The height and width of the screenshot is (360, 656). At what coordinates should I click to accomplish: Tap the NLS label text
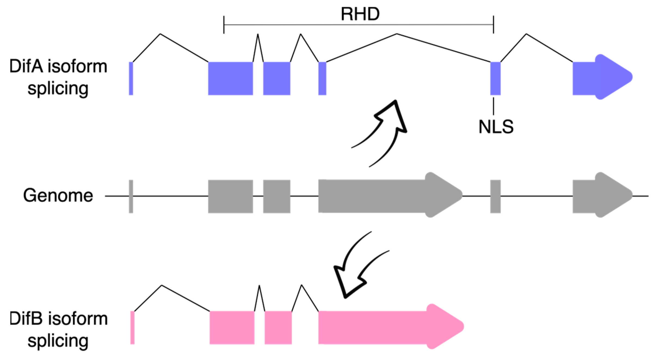[x=496, y=127]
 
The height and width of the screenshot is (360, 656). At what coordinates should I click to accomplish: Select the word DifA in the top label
[x=26, y=66]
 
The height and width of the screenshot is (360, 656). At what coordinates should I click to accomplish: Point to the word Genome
[x=58, y=195]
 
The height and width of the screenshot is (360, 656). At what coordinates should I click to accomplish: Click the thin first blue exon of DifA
[x=131, y=78]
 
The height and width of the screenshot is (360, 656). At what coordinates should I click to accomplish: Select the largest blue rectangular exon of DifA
[x=230, y=78]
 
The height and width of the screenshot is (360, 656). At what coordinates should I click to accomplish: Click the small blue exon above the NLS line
[x=495, y=78]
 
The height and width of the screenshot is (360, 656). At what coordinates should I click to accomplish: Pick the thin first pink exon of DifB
[x=132, y=328]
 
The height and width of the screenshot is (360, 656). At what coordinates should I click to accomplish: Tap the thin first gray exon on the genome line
[x=131, y=196]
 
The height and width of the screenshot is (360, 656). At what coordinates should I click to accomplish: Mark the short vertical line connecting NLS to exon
[x=493, y=106]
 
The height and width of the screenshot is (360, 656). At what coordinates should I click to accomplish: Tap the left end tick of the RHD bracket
[x=224, y=25]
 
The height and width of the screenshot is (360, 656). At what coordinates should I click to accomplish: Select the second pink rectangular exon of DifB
[x=278, y=328]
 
